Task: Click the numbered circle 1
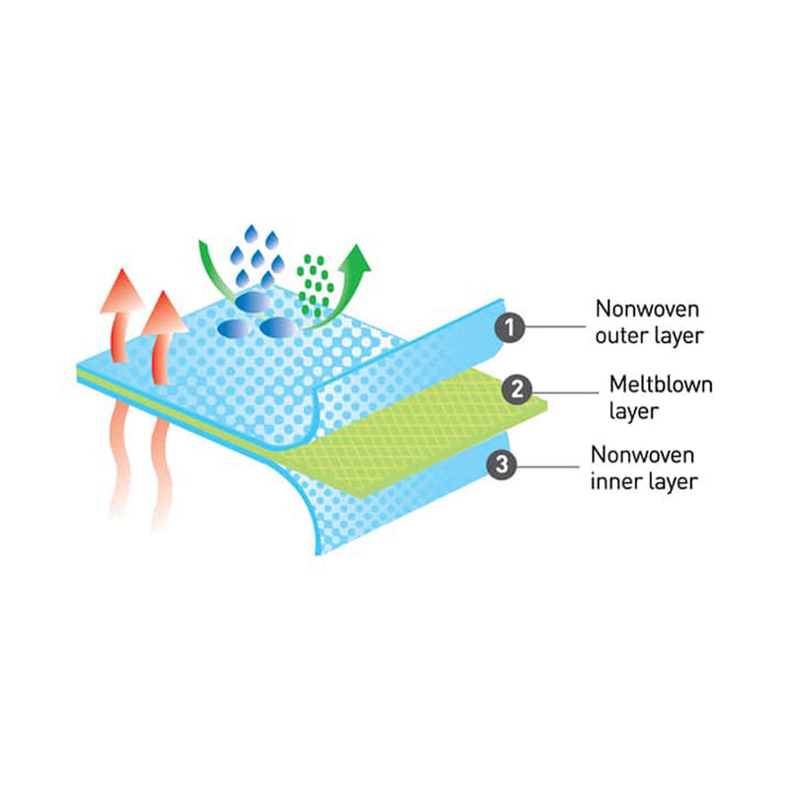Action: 509,327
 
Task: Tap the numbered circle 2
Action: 517,390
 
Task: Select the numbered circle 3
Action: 502,464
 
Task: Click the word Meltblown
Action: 661,385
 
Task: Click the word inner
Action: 615,481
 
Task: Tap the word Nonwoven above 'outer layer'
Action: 647,309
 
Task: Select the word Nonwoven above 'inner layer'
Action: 643,455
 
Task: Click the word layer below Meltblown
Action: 633,411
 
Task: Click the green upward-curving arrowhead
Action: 356,258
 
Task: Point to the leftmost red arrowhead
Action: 122,291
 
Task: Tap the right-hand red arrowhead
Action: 164,313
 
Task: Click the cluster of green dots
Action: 315,285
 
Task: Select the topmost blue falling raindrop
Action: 251,234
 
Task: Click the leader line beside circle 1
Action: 555,326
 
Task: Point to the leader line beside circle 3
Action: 548,466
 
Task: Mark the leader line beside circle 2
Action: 565,393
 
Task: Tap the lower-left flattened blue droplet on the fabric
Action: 235,327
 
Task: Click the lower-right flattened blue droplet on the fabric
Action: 279,326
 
